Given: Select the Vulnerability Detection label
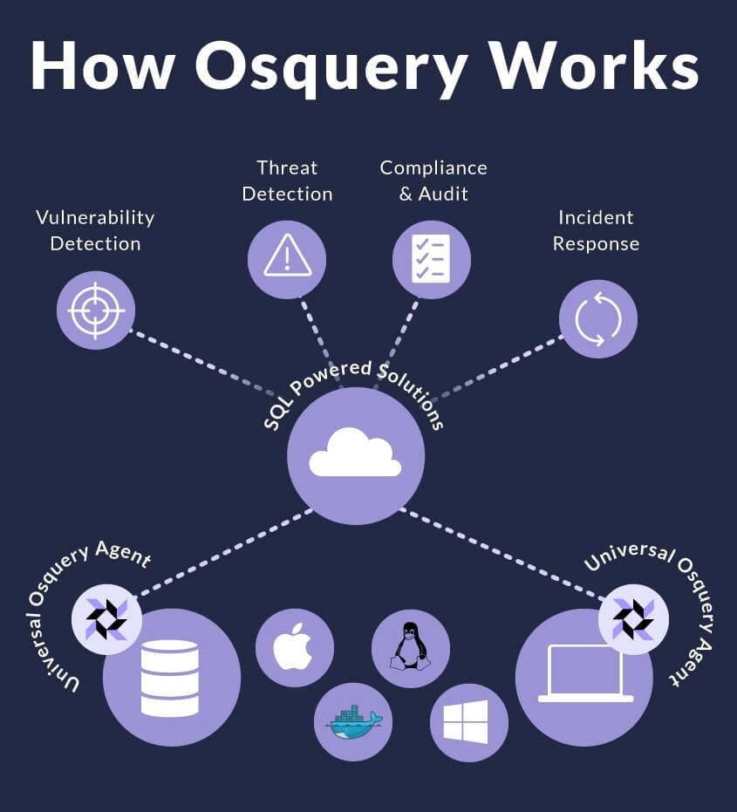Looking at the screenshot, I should pos(95,230).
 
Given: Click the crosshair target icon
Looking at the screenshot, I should pos(96,310).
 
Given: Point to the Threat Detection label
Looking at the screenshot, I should pos(287,181).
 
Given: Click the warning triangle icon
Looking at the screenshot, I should pos(287,260).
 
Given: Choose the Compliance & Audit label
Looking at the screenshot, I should pos(433,181).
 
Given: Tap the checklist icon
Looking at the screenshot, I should pos(432,259).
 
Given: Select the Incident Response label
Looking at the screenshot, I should pos(597,230).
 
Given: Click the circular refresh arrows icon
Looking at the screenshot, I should pos(598,318).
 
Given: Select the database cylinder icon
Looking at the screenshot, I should pos(170,679).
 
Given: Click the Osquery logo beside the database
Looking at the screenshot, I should pos(106,618).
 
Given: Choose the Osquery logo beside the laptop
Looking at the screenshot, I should pos(633,618).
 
